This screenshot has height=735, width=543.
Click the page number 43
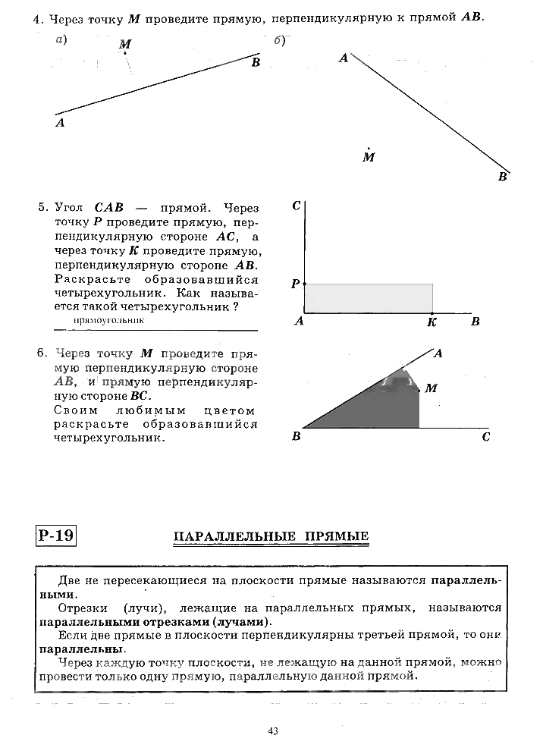point(273,730)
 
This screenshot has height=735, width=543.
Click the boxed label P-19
point(55,536)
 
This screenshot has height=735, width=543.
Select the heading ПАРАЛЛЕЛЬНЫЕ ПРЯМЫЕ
point(271,537)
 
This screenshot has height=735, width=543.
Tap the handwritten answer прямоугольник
point(109,321)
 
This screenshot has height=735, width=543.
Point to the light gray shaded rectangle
point(369,298)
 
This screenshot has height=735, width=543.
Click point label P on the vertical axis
point(295,284)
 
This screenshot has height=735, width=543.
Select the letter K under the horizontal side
point(432,322)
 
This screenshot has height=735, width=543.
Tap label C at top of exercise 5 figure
point(297,206)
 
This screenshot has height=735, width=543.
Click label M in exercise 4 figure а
point(125,45)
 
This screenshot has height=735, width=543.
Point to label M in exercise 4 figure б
point(369,158)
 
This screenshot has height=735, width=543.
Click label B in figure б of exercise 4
point(502,177)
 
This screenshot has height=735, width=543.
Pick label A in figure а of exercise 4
point(60,122)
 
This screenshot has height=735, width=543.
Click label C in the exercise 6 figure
point(485,437)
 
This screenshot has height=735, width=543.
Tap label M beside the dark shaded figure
point(431,388)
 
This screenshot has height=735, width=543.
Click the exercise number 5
point(42,206)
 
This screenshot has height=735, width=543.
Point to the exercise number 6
point(42,353)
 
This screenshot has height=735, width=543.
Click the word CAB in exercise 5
point(109,206)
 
